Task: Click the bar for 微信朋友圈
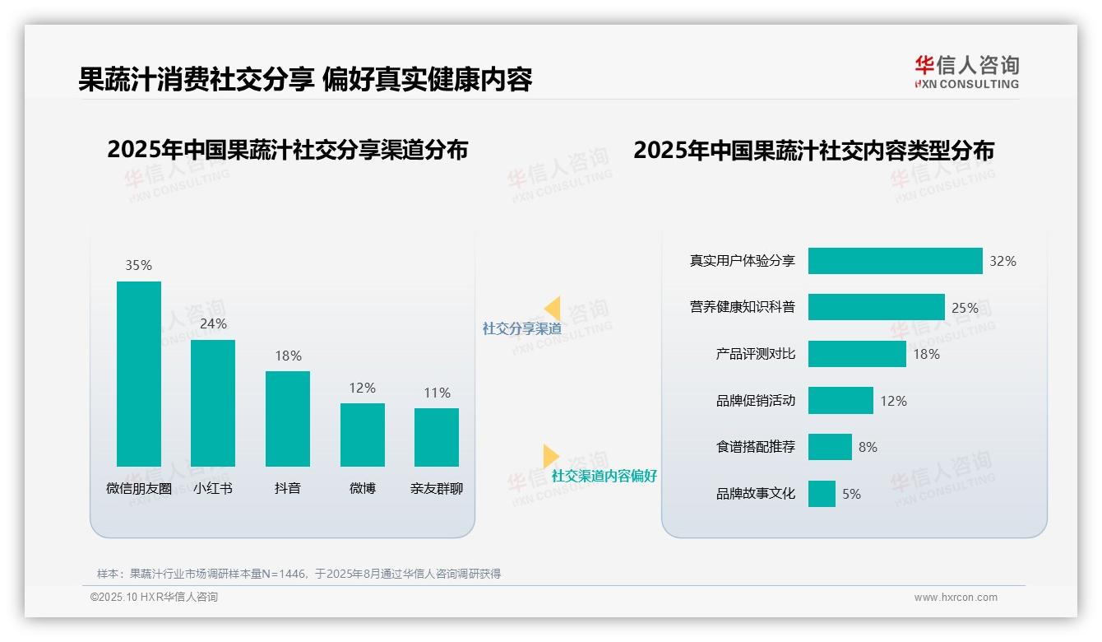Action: (x=139, y=374)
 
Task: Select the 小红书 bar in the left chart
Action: (x=213, y=402)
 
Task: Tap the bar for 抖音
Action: (x=288, y=418)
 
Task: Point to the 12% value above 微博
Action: (x=362, y=388)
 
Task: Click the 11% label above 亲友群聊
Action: (x=437, y=393)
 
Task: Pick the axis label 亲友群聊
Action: (x=437, y=488)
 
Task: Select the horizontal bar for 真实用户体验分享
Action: (x=895, y=261)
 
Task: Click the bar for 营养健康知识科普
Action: (x=876, y=307)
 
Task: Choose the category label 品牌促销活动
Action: (x=755, y=401)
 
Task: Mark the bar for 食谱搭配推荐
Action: (x=830, y=447)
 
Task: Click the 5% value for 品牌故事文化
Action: (x=851, y=494)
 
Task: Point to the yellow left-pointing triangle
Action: (x=553, y=309)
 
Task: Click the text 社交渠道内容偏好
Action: (x=604, y=476)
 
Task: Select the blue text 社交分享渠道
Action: (x=521, y=328)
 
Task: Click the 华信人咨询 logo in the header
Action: (x=966, y=72)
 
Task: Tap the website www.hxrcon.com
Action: (x=955, y=598)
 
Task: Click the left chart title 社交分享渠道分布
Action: (x=287, y=150)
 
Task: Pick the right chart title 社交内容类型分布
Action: (x=813, y=150)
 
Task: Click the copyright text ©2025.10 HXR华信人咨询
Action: (x=154, y=598)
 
